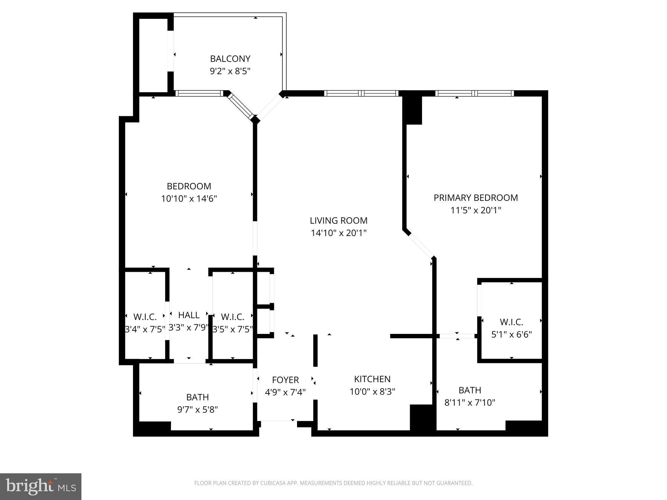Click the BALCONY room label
pyautogui.click(x=230, y=59)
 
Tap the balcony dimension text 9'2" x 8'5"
pyautogui.click(x=230, y=71)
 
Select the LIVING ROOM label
pyautogui.click(x=338, y=221)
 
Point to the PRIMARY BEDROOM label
pyautogui.click(x=475, y=198)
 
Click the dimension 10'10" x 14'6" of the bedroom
pyautogui.click(x=189, y=199)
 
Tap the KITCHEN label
pyautogui.click(x=372, y=379)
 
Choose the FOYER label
pyautogui.click(x=285, y=380)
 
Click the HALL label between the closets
pyautogui.click(x=189, y=315)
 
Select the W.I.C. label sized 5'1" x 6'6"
pyautogui.click(x=511, y=322)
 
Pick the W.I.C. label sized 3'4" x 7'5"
pyautogui.click(x=145, y=317)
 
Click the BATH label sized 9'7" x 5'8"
pyautogui.click(x=197, y=397)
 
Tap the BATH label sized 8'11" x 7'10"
pyautogui.click(x=470, y=390)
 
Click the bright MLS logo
pyautogui.click(x=41, y=487)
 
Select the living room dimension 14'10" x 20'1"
pyautogui.click(x=338, y=233)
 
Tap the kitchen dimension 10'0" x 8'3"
pyautogui.click(x=372, y=392)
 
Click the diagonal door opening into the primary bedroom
pyautogui.click(x=421, y=246)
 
